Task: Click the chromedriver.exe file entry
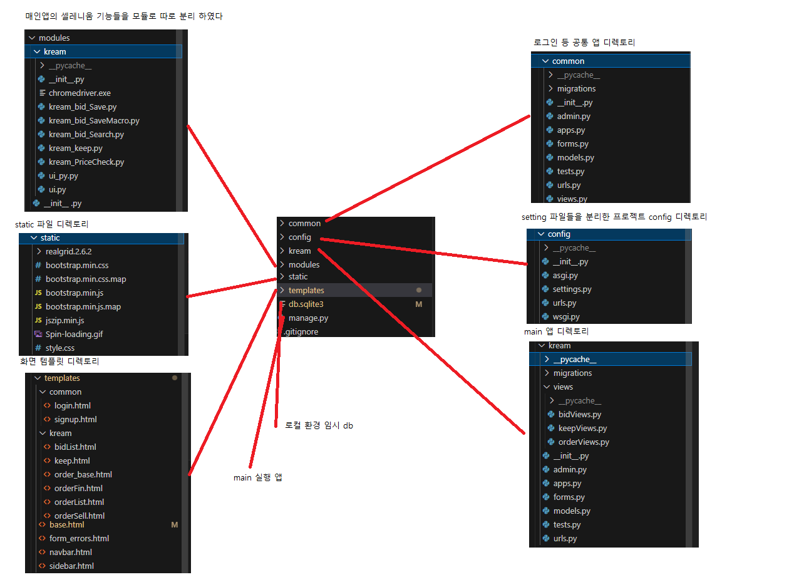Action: (x=79, y=93)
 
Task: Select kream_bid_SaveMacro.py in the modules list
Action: (x=93, y=120)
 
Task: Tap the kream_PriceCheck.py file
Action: (x=86, y=162)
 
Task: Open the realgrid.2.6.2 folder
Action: (x=68, y=251)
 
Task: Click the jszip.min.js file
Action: (x=64, y=320)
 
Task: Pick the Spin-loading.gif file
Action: (x=73, y=334)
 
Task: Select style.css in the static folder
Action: (x=59, y=348)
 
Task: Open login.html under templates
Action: (x=72, y=405)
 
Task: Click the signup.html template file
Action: (x=75, y=419)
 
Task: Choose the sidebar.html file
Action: (x=71, y=566)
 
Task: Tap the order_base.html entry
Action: (x=83, y=474)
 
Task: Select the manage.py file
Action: (x=308, y=318)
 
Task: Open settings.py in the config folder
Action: (x=572, y=289)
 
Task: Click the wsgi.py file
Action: (x=565, y=316)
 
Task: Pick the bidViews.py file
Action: (x=579, y=414)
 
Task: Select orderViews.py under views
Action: (x=584, y=442)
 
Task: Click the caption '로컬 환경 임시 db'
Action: (x=319, y=425)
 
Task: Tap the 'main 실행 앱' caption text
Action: (x=257, y=477)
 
